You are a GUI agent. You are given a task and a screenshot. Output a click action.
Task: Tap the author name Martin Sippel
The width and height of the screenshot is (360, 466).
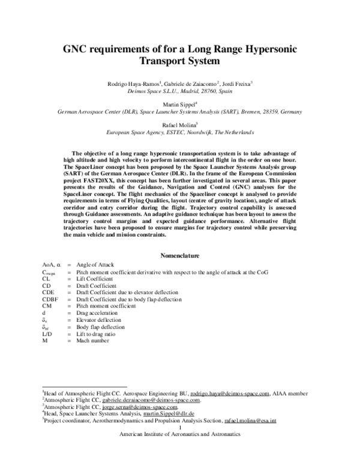pos(179,104)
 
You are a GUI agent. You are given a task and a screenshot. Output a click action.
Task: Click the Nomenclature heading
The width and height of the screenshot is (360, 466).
pos(180,255)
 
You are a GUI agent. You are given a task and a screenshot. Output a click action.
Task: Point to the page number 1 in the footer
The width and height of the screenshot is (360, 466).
pos(180,428)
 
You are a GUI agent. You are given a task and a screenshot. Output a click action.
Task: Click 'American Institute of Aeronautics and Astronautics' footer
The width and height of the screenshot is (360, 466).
pos(180,434)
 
